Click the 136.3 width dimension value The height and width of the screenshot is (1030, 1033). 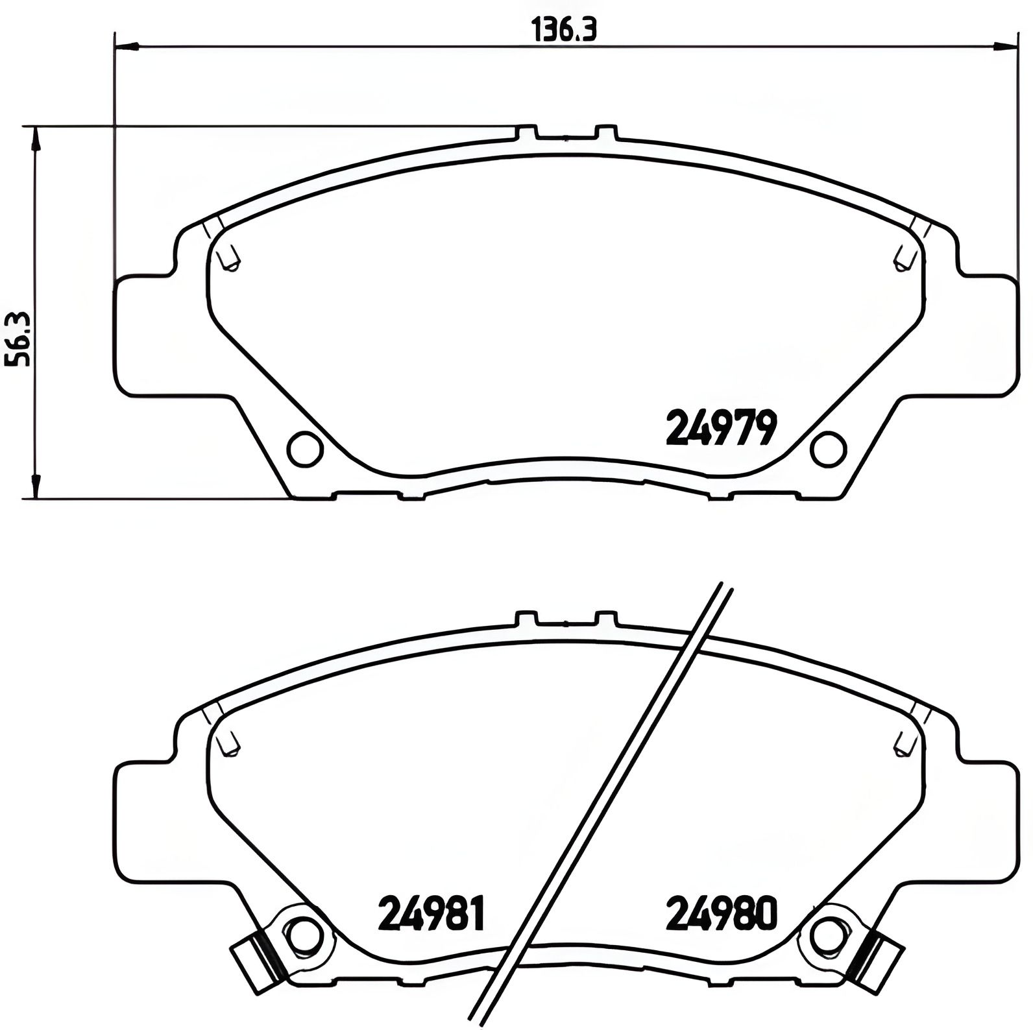(x=563, y=30)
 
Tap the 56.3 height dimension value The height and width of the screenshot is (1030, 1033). (x=18, y=339)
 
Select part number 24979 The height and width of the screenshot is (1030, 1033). (x=721, y=428)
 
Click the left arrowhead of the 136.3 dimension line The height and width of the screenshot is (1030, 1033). (x=126, y=46)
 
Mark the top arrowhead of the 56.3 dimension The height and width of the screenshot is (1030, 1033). (x=36, y=138)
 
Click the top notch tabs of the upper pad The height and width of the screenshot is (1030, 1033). (x=566, y=133)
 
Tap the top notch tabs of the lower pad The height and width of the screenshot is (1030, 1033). (x=566, y=618)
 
